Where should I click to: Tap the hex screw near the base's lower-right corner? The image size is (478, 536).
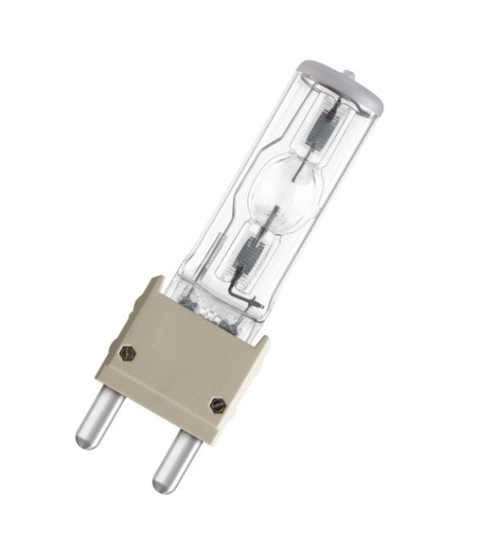215,405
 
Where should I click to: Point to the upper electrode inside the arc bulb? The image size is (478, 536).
296,172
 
